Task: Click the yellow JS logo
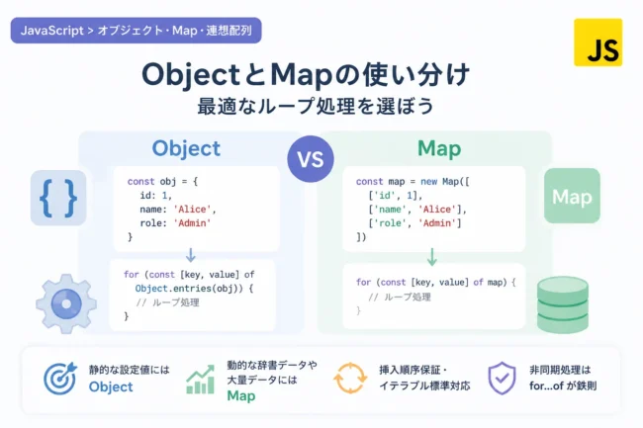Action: (597, 43)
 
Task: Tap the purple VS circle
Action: (311, 159)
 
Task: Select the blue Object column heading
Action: (186, 149)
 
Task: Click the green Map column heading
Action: (439, 149)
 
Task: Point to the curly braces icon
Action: (58, 198)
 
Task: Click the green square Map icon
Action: (572, 196)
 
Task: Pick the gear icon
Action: (66, 303)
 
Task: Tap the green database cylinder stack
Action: (563, 304)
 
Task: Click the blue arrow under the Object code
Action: (190, 255)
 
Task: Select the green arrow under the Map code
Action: (432, 257)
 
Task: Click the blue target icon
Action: (60, 378)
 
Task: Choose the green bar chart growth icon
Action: (200, 380)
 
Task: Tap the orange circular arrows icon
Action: (350, 378)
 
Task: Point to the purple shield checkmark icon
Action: (502, 378)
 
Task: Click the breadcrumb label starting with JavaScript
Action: (137, 31)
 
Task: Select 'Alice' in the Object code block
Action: (192, 210)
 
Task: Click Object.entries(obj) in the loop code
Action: (190, 289)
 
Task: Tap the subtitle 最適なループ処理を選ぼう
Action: (315, 106)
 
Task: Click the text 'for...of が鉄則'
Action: (563, 385)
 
